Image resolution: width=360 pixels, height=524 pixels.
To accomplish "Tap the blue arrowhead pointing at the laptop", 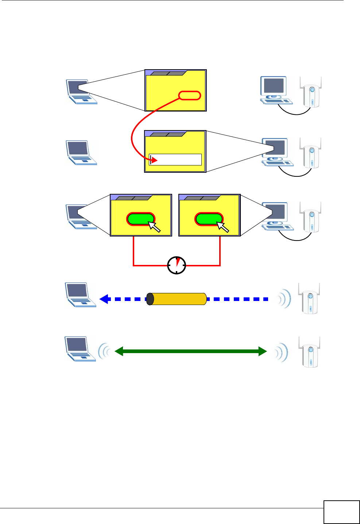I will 104,299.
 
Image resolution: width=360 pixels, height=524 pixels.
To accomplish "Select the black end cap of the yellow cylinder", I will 150,299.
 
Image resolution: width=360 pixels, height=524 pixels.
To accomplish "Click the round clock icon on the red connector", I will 177,265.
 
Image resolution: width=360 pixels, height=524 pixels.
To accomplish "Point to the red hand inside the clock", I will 178,262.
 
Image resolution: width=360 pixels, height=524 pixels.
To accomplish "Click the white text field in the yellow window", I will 175,159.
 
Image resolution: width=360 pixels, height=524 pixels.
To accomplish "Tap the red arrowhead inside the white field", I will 154,160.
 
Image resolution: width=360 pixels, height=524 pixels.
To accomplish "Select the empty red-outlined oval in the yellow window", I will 190,95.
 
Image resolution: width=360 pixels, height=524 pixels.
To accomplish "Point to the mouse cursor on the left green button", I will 154,226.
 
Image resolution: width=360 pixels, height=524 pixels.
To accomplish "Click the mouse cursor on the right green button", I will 222,226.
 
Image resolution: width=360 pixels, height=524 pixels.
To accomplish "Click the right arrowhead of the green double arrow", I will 262,351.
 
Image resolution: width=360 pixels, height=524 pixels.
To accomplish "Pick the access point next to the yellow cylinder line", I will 310,299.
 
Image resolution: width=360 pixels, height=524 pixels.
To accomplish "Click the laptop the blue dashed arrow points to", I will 79,295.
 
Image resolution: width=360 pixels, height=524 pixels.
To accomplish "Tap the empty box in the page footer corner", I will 341,512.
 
